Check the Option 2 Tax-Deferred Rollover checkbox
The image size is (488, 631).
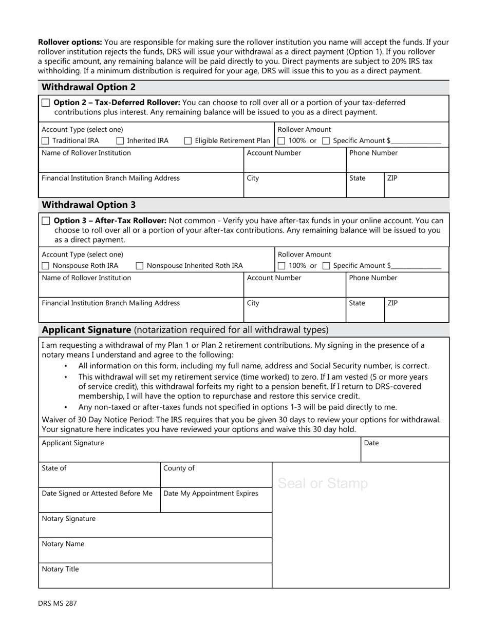(x=46, y=103)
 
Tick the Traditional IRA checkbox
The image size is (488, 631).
(x=45, y=141)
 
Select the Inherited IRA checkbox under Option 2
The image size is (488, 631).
(x=120, y=141)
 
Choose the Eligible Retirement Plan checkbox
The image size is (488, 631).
(x=188, y=141)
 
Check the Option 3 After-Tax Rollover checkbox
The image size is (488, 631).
(x=46, y=221)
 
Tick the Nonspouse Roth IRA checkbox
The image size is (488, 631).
(x=45, y=266)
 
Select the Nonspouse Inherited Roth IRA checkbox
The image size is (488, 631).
(x=140, y=266)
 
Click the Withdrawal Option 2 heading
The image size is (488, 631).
(x=88, y=87)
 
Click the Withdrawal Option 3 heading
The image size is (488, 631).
(x=88, y=205)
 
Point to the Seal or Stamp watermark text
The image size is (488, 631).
(x=323, y=483)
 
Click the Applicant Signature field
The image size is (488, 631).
(x=199, y=452)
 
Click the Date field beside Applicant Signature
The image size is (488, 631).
(x=405, y=452)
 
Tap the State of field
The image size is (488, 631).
(x=99, y=478)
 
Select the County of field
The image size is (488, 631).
(x=216, y=478)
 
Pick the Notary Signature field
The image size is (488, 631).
(x=155, y=528)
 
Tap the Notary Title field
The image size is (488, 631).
(x=155, y=579)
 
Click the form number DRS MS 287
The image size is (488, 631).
(x=57, y=603)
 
